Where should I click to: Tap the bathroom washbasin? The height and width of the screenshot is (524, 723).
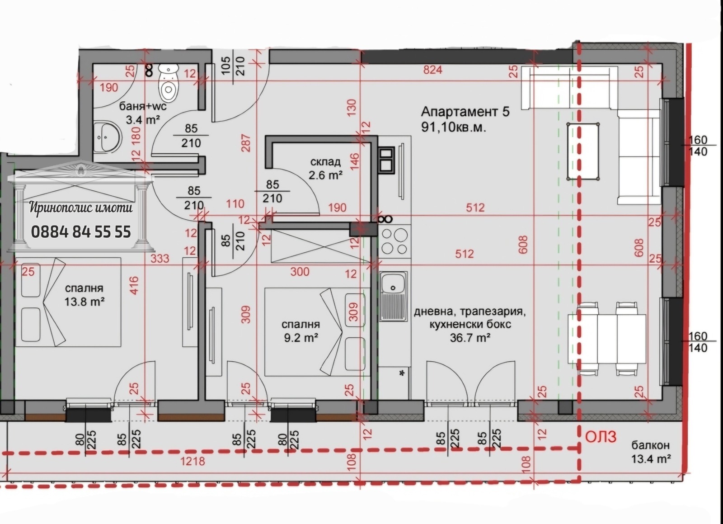coord(108,137)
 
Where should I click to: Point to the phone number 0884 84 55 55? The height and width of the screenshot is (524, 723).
coord(81,232)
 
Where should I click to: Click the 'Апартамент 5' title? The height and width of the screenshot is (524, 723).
coord(465,112)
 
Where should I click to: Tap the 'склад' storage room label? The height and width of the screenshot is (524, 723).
coord(325,162)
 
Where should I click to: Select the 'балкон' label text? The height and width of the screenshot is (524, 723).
coord(651,445)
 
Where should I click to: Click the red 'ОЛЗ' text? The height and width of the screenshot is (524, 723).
coord(601,437)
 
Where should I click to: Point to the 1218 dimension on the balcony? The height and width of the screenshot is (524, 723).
coord(192,461)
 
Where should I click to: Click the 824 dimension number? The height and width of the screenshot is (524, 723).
coord(432,70)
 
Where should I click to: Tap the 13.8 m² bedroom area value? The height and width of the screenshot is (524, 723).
coord(84,302)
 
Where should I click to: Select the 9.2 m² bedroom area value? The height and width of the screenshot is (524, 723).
coord(301,338)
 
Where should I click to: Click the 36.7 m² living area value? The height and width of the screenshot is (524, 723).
coord(470,338)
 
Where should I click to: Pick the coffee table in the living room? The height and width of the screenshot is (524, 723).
coord(583,151)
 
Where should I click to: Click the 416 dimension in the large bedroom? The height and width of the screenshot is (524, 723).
coord(134,285)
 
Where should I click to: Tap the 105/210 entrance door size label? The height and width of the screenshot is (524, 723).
coord(234,66)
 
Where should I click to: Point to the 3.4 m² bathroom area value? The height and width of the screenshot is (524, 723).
coord(143,120)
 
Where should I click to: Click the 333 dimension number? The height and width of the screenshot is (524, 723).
coord(160,258)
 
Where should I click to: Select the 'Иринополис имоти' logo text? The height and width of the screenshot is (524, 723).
coord(81,208)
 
